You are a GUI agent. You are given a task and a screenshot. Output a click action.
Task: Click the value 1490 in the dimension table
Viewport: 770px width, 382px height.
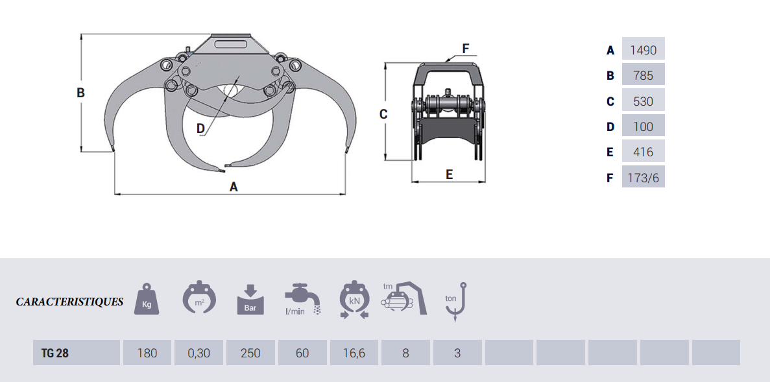click(x=643, y=50)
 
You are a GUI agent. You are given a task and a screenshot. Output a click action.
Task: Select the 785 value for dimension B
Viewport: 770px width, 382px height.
click(x=643, y=76)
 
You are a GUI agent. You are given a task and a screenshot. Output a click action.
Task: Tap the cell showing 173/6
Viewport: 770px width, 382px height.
click(x=643, y=178)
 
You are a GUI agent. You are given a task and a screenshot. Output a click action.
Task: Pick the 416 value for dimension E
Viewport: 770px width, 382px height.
click(x=643, y=152)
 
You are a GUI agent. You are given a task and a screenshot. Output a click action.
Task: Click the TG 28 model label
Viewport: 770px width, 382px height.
click(x=55, y=353)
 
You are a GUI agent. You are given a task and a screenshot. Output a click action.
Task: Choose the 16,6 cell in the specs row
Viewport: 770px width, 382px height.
click(x=354, y=353)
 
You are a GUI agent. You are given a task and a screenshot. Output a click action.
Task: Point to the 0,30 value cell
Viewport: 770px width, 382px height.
click(x=199, y=353)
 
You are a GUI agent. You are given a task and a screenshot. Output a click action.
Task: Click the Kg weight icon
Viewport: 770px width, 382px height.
click(x=147, y=298)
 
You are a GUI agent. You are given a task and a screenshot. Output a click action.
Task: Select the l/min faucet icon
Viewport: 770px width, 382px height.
click(x=302, y=298)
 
